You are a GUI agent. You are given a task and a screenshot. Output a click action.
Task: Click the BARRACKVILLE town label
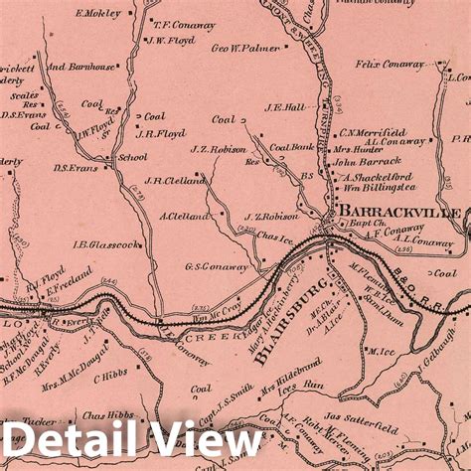(398, 213)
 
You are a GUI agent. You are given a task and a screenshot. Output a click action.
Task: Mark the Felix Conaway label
(390, 64)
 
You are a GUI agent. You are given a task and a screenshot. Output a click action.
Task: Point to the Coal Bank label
(292, 147)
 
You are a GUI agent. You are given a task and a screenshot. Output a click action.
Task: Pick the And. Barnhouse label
(81, 67)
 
